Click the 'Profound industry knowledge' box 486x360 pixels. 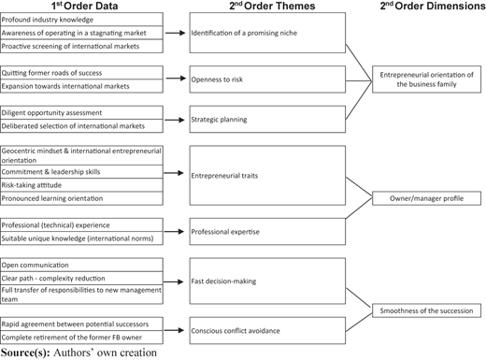pos(81,20)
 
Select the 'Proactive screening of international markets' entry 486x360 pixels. pos(81,46)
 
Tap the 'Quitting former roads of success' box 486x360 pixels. pos(81,73)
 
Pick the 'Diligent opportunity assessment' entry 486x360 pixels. pos(81,112)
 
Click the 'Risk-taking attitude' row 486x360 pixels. pos(81,185)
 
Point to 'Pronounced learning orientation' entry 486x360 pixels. pos(81,198)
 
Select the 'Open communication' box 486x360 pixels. pos(81,265)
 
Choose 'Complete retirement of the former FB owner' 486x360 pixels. pos(81,338)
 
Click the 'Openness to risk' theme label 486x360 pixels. pos(217,79)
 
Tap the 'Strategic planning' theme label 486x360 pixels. pos(219,120)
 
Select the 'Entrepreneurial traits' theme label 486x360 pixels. pos(224,176)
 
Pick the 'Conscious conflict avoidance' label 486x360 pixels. pos(236,331)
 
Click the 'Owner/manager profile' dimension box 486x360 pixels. pos(426,198)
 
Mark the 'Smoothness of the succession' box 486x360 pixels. pos(426,310)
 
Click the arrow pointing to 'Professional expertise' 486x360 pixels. pos(174,231)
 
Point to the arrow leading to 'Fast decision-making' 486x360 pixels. pos(174,281)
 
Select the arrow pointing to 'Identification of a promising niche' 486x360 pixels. pos(175,33)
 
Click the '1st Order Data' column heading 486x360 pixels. pos(84,6)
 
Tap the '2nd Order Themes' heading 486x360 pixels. pos(272,6)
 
